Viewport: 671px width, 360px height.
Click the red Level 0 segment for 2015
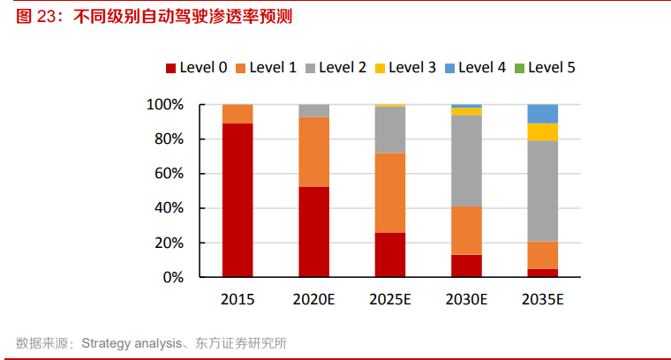coord(237,200)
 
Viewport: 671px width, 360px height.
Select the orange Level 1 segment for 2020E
coord(313,152)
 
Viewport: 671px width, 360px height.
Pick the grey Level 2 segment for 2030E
coord(466,161)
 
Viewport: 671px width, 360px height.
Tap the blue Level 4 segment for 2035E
coord(542,114)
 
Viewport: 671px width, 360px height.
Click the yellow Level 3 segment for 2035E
coord(542,132)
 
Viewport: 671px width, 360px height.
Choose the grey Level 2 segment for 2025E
coord(390,130)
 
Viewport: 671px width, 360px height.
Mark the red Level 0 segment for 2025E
coord(390,255)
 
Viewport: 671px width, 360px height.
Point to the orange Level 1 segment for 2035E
coord(542,255)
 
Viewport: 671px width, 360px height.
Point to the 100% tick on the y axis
coord(165,105)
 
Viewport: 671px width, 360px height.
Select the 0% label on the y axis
coord(172,277)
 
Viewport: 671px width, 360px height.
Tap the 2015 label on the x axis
coord(237,300)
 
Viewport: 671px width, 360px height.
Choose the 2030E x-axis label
coord(466,300)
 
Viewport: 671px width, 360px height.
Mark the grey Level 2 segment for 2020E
coord(313,110)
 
